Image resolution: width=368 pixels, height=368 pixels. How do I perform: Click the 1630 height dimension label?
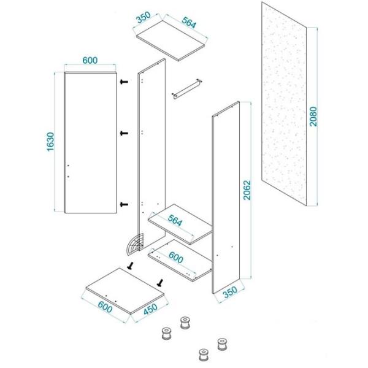50,142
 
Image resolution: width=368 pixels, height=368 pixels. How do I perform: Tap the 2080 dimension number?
313,117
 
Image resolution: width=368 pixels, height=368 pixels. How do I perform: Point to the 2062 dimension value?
247,190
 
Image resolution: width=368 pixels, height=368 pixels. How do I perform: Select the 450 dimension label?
150,309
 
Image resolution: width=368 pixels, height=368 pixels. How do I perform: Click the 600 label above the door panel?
90,61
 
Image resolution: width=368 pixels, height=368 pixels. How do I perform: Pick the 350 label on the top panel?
144,17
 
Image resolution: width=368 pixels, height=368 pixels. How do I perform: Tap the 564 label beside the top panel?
189,23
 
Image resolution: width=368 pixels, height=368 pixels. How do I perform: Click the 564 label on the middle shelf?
175,221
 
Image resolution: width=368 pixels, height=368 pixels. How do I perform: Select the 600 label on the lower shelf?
176,258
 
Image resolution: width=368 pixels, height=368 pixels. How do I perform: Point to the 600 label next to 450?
105,307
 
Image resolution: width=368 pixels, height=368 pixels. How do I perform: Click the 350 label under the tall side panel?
231,293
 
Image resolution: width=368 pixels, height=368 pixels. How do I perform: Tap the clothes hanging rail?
187,89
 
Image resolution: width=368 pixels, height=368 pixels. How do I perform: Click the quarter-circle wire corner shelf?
135,244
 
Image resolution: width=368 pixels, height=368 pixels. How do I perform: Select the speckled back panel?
284,104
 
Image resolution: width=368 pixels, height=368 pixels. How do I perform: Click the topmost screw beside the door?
124,82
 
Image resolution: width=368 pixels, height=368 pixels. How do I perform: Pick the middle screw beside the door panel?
124,133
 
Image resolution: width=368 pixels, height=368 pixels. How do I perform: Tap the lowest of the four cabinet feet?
203,355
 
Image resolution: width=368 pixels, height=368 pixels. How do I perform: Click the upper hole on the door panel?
68,166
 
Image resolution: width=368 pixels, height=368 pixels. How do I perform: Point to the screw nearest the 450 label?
160,283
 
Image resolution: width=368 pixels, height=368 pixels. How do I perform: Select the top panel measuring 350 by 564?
172,40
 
